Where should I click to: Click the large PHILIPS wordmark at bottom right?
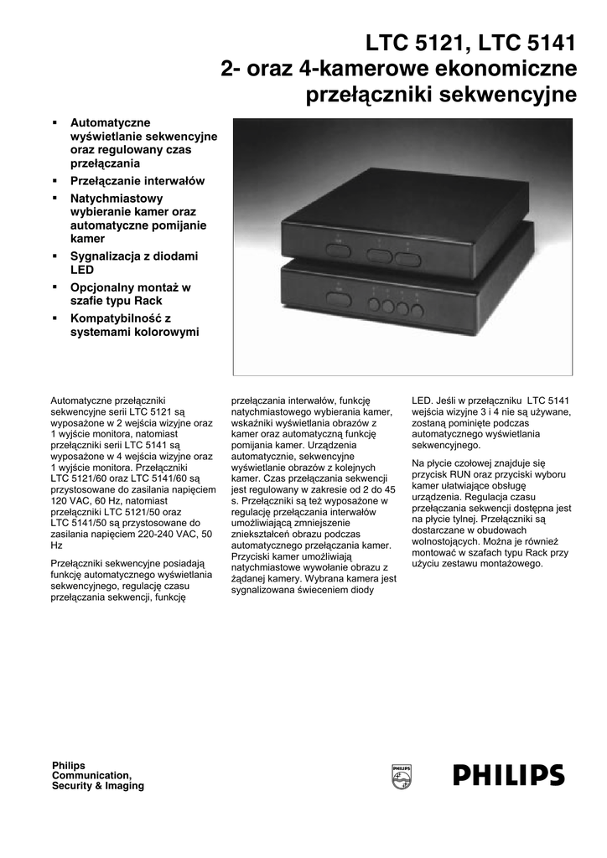pyautogui.click(x=509, y=776)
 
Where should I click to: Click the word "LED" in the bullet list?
pyautogui.click(x=81, y=271)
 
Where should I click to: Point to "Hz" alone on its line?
pyautogui.click(x=57, y=545)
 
